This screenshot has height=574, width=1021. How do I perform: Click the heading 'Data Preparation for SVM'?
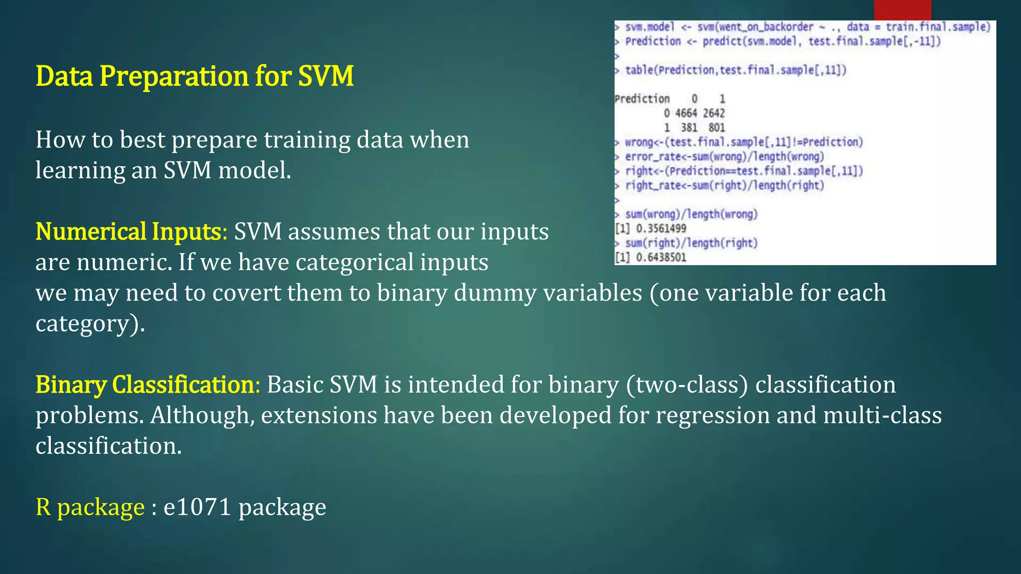pyautogui.click(x=194, y=76)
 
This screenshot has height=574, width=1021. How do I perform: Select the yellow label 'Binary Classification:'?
pyautogui.click(x=148, y=385)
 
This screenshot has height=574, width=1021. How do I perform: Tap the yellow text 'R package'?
pyautogui.click(x=90, y=507)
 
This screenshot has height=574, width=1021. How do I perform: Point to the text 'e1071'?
pyautogui.click(x=197, y=507)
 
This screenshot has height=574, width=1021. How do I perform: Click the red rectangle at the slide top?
pyautogui.click(x=902, y=10)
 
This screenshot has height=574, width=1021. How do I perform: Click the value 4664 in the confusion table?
pyautogui.click(x=685, y=113)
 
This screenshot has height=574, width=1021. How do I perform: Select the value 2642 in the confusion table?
pyautogui.click(x=714, y=113)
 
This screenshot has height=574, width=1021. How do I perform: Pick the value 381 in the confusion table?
pyautogui.click(x=688, y=128)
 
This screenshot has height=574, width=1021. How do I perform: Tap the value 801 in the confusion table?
pyautogui.click(x=716, y=128)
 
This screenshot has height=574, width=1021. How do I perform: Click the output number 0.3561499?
pyautogui.click(x=661, y=229)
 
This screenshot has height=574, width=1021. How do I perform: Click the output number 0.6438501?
pyautogui.click(x=661, y=258)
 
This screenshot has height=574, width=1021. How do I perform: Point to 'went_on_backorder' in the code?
pyautogui.click(x=766, y=27)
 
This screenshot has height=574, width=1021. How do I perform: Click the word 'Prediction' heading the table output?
pyautogui.click(x=642, y=99)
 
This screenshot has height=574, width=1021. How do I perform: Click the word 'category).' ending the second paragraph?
pyautogui.click(x=90, y=324)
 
